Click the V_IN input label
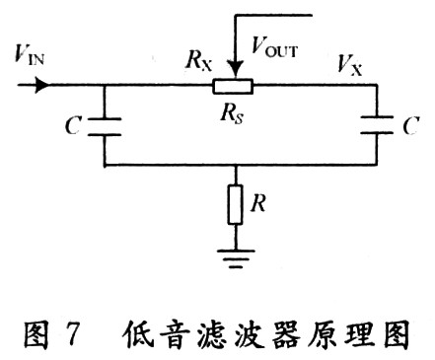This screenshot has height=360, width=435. click(28, 54)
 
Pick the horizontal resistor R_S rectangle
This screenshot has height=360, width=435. click(234, 87)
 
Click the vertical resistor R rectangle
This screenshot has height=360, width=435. click(234, 205)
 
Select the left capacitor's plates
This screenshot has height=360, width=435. click(106, 125)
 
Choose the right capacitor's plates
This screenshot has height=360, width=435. click(377, 125)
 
